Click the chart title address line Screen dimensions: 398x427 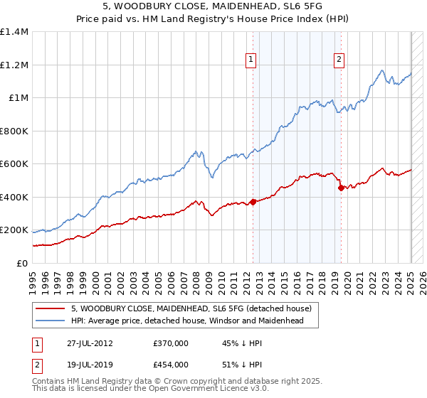point(213,6)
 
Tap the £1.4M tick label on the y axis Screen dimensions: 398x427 point(14,32)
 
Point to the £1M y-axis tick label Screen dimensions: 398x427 point(18,98)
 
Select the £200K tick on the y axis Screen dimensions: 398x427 point(14,230)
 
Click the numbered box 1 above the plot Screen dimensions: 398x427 point(253,60)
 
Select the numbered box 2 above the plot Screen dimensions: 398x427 point(339,60)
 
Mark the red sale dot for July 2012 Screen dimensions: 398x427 point(253,203)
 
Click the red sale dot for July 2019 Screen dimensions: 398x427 point(341,188)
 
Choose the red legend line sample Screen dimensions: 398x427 point(49,309)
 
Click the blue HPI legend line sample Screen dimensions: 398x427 point(49,321)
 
